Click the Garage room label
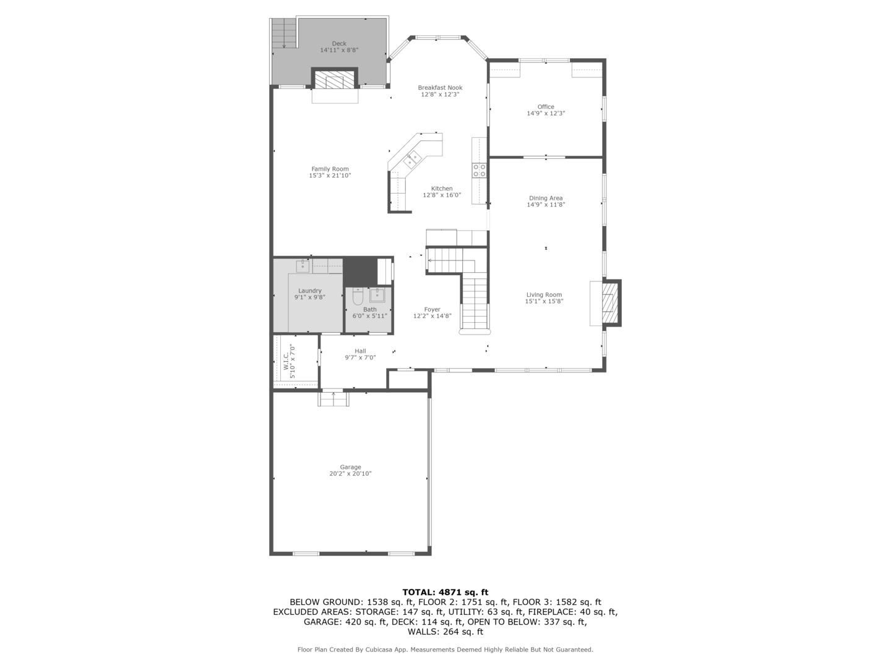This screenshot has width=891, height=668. click(350, 467)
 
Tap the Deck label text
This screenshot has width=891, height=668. click(339, 43)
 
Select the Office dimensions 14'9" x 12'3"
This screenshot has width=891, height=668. click(546, 114)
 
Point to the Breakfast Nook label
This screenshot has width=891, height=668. click(440, 88)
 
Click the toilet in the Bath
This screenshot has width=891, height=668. click(358, 298)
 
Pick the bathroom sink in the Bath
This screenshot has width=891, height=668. click(377, 295)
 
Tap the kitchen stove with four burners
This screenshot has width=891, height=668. click(480, 170)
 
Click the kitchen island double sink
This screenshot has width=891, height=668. click(411, 160)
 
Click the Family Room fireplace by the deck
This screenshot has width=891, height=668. click(334, 80)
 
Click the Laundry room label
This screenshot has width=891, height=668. click(310, 291)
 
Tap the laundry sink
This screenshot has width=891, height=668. click(303, 267)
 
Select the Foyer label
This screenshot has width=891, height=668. click(432, 310)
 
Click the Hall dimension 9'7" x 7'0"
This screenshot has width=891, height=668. click(360, 358)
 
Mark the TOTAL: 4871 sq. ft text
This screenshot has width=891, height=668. click(445, 592)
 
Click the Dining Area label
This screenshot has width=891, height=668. click(546, 199)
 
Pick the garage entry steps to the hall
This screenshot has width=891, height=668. click(334, 399)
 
